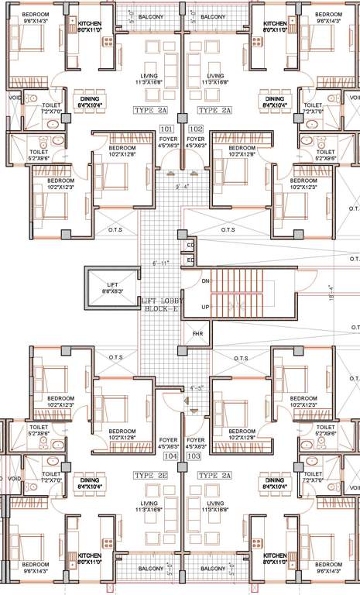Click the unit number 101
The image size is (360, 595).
point(166,129)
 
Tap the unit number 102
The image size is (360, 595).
point(195,129)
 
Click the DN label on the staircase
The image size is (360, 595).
point(206,281)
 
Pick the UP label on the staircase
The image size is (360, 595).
point(206,308)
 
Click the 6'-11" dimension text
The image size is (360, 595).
point(160,263)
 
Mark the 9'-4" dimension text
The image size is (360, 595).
point(182,186)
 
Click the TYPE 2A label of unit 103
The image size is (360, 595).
point(215,474)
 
